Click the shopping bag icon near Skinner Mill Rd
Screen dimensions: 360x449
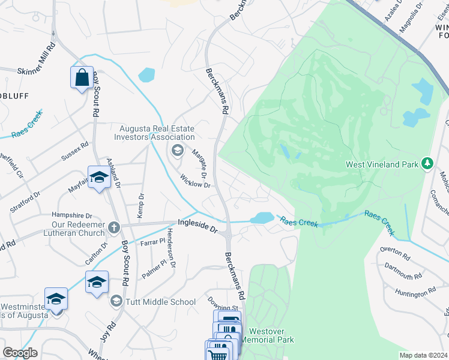(x=82, y=77)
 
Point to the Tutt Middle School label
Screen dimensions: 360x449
(x=160, y=302)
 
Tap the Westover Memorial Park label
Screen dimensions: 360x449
(x=271, y=335)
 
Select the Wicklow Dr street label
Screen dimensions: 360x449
(x=195, y=181)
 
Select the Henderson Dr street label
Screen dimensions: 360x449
(x=171, y=248)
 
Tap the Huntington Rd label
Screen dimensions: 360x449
(x=415, y=292)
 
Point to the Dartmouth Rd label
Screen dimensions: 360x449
(x=402, y=272)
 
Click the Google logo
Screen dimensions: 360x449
(x=20, y=353)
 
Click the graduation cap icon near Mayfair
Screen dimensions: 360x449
(x=99, y=177)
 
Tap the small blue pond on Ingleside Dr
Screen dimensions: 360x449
(x=262, y=218)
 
